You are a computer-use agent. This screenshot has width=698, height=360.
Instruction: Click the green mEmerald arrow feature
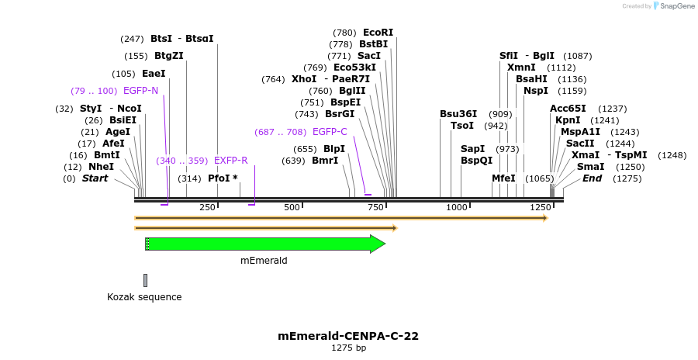tap(264, 244)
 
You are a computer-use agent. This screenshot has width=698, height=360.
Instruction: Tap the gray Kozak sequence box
tap(145, 280)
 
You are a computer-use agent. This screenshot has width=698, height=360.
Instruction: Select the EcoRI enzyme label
tap(378, 33)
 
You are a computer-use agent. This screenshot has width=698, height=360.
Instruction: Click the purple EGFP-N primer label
tap(140, 91)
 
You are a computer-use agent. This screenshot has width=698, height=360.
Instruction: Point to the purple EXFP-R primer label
tap(230, 161)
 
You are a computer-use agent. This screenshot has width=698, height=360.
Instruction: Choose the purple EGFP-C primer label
tap(330, 132)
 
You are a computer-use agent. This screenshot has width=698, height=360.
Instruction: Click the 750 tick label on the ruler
tap(375, 208)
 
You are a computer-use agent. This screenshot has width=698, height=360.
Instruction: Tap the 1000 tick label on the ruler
tap(457, 208)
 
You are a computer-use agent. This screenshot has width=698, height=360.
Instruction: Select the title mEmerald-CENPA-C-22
tap(348, 336)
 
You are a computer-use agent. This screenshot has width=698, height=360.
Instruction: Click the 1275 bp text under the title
tap(348, 348)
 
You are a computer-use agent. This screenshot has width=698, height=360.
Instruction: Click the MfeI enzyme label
tap(503, 178)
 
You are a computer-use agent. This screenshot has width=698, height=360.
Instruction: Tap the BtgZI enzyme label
tap(169, 56)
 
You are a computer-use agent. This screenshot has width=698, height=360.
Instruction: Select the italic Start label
tap(95, 178)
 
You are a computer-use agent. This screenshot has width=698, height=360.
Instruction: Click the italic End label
tap(593, 178)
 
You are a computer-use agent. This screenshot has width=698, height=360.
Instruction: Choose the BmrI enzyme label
tap(325, 161)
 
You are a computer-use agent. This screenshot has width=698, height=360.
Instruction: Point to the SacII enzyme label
tap(580, 144)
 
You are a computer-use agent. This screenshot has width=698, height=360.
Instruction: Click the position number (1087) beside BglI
tap(578, 56)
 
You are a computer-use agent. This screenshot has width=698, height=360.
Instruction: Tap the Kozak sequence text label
tap(144, 297)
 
